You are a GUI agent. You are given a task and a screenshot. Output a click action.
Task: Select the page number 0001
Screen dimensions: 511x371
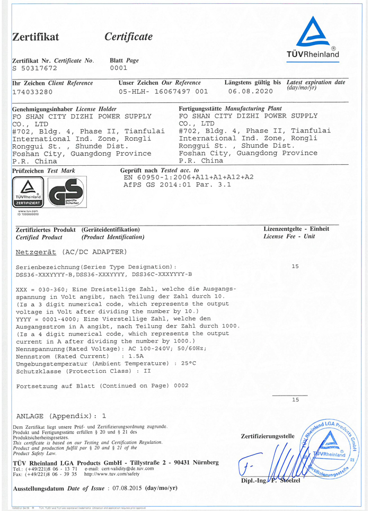(119, 68)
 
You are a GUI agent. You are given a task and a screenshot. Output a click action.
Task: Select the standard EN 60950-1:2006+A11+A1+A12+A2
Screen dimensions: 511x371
(189, 177)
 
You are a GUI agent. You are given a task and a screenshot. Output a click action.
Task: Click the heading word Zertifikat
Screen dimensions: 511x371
(36, 37)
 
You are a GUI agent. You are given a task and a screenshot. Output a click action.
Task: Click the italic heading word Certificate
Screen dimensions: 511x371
(129, 37)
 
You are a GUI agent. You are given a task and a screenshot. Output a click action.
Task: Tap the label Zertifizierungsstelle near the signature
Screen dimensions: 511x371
(267, 436)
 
